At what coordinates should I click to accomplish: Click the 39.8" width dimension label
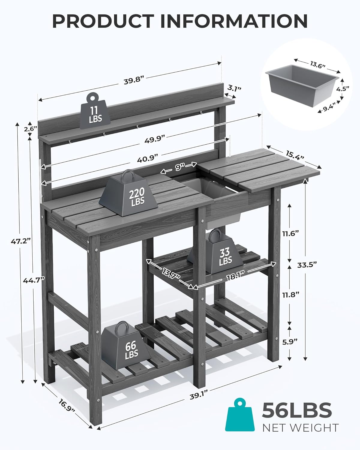pos(134,81)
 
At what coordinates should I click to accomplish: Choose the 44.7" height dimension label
pos(34,280)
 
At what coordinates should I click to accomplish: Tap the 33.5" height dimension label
pos(307,264)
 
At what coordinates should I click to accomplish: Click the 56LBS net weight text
pos(297,410)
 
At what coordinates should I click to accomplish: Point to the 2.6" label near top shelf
pos(30,128)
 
